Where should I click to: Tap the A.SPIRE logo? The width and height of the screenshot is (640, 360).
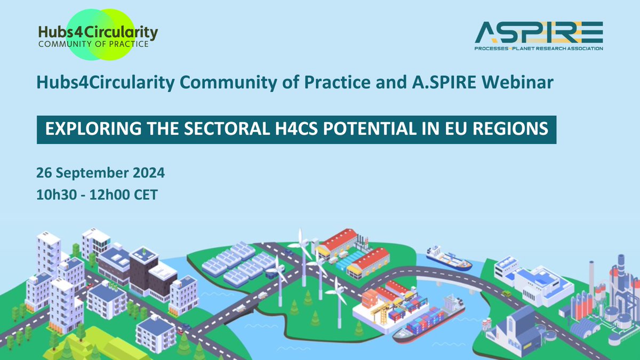coord(539,36)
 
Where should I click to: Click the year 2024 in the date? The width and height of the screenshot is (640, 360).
coord(145,173)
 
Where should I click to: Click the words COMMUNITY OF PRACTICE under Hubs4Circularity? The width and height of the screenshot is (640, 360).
coord(93,45)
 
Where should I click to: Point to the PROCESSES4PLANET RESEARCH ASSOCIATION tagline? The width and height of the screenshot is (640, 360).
coord(539,49)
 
